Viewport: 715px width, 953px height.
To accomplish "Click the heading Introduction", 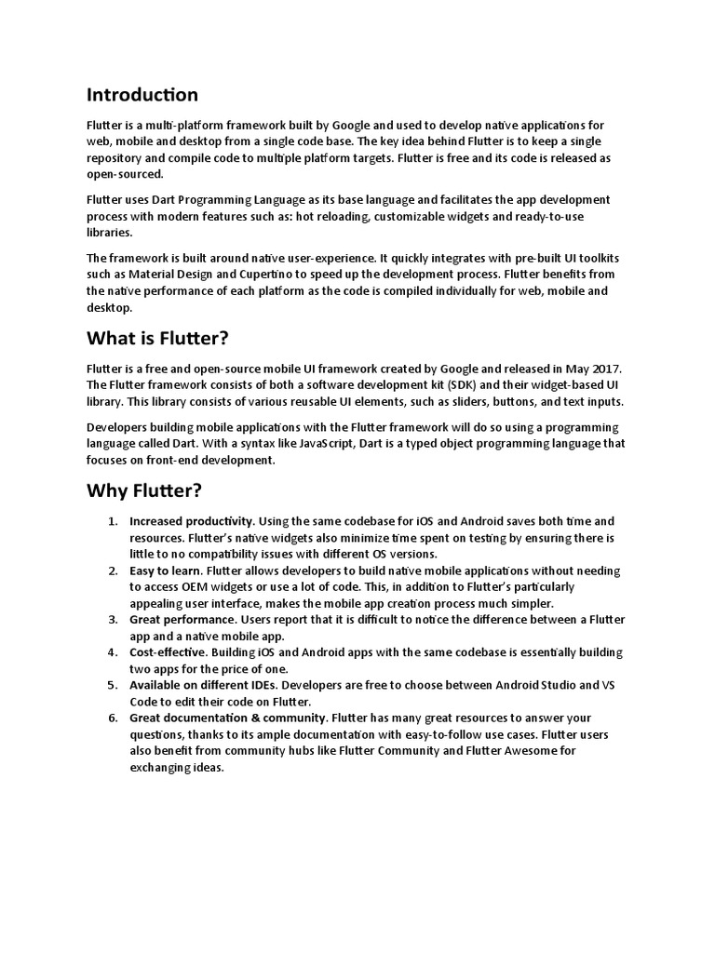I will [x=142, y=95].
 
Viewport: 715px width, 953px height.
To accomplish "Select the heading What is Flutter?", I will [x=156, y=338].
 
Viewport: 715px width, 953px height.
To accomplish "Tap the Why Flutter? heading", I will [x=143, y=490].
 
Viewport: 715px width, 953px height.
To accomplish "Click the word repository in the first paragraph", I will [x=118, y=158].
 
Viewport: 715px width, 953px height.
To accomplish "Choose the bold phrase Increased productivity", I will [x=192, y=521].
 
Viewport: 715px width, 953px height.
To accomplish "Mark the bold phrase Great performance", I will [x=182, y=620].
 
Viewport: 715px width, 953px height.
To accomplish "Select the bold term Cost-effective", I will [x=169, y=652].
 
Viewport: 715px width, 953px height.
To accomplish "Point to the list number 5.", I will [x=112, y=685].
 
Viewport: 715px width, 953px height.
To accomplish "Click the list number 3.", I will [x=112, y=620].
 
